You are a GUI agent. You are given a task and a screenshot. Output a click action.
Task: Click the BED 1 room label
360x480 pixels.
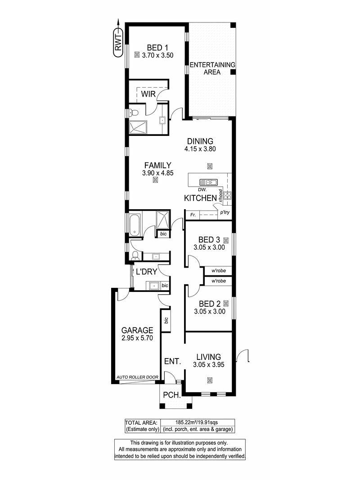point(157,48)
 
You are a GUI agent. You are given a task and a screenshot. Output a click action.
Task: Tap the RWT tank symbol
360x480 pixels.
point(118,43)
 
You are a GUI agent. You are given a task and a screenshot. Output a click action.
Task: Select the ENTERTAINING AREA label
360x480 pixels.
point(212,68)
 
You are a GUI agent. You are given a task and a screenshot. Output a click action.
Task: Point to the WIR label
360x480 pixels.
point(148,94)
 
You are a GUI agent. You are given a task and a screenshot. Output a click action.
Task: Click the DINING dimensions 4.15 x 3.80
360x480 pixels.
point(200,149)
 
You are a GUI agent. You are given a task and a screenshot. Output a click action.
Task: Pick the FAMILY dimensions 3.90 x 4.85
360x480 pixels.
point(158,173)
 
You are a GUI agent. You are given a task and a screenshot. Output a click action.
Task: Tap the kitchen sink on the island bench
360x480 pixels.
point(208,183)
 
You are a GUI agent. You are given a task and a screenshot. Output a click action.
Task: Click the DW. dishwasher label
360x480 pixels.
point(202,190)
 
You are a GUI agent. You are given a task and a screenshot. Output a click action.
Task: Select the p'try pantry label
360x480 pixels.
point(225,212)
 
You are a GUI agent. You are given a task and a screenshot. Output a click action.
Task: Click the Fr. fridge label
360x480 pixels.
point(193,215)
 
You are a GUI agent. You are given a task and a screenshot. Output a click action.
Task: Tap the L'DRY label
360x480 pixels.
point(146,272)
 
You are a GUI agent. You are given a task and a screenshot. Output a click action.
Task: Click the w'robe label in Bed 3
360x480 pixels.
point(219,271)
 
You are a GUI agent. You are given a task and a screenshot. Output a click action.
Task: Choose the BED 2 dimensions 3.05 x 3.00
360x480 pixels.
point(210,312)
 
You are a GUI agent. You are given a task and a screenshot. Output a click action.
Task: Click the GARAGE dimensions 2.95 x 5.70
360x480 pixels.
point(137,338)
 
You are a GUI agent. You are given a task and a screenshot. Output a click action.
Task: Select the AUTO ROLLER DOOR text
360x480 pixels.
point(137,377)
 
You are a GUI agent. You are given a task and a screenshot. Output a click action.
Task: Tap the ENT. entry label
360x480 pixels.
point(173,362)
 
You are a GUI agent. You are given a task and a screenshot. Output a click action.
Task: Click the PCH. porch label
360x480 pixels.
point(172,395)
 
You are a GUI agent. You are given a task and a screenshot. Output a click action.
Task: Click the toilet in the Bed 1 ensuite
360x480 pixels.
point(133,112)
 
